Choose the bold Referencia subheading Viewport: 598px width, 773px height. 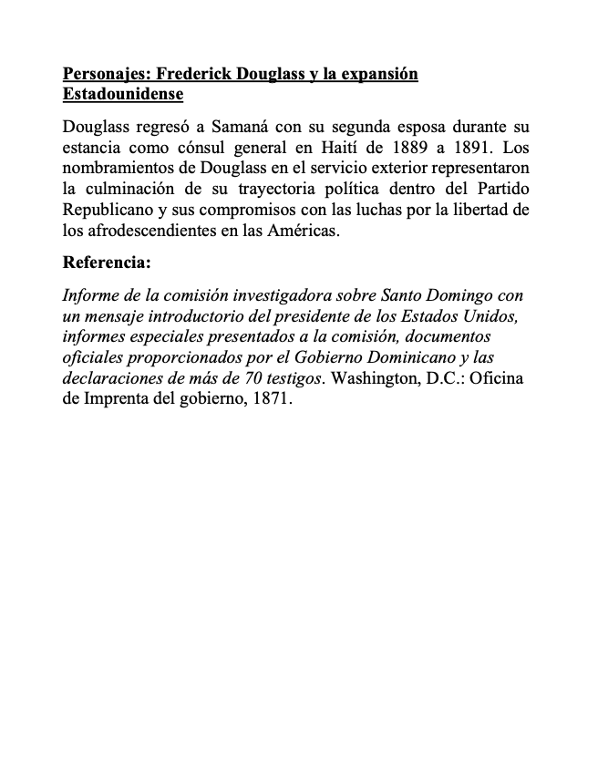106,263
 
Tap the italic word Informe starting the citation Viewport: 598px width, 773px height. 90,295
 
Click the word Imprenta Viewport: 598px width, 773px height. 119,397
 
